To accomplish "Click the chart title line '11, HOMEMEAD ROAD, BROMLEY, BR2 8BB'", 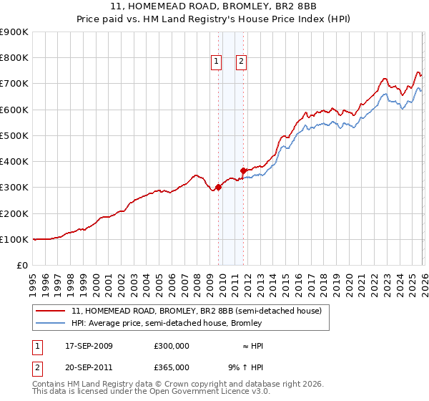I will click(214, 6).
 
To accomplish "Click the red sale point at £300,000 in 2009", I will click(218, 188).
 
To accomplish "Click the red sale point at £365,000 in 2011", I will click(244, 170).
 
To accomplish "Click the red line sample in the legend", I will click(51, 311).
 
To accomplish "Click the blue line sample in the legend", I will click(51, 324).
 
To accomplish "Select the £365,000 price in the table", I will click(172, 367).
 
